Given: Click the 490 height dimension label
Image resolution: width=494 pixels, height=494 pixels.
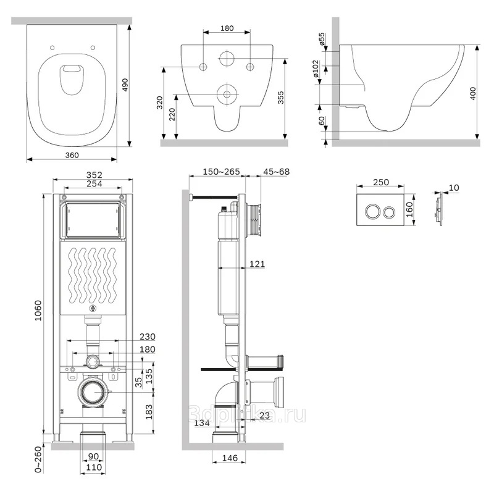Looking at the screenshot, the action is pos(125,85).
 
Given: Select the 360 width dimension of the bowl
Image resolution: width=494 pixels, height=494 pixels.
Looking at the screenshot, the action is pos(72,155).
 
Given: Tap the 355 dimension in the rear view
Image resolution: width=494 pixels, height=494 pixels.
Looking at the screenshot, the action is pos(280,98).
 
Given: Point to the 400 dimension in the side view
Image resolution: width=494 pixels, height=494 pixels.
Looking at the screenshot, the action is pos(472,94).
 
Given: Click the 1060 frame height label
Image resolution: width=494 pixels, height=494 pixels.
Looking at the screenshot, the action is pos(38,311).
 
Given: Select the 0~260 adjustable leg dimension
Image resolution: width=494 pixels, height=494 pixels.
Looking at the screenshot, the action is pos(38,459).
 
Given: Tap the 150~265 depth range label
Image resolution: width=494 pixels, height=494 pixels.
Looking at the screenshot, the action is pos(221,172).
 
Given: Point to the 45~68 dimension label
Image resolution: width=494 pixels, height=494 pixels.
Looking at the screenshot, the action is pos(276,172).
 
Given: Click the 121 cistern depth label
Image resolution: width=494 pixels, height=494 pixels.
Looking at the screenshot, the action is pos(257,264).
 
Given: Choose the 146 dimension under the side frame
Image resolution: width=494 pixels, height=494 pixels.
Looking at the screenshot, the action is pos(230,458).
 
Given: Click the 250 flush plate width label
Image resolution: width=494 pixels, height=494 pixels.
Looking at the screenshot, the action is pos(381,182).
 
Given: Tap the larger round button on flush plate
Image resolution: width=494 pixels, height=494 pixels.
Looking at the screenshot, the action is pos(372,211).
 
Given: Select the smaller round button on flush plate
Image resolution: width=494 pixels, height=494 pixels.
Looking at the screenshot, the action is pos(390,212).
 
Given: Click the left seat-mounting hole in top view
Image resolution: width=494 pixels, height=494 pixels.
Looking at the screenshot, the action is pos(52,48).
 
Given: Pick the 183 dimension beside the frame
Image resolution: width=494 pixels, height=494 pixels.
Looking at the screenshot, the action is pos(148,411).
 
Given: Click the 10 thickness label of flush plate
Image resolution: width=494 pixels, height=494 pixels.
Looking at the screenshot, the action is pos(454,188).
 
